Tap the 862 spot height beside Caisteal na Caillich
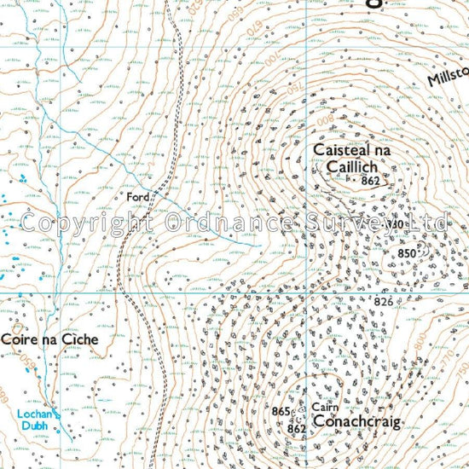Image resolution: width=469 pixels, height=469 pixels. click(x=369, y=181)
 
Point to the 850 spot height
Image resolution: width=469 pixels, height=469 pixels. click(x=408, y=253)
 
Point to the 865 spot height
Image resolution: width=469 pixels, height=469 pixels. click(x=281, y=412)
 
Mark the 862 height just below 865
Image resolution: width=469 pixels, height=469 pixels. click(x=296, y=429)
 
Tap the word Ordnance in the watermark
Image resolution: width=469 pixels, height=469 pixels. click(x=224, y=223)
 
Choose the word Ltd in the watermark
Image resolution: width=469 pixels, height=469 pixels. click(x=427, y=223)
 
